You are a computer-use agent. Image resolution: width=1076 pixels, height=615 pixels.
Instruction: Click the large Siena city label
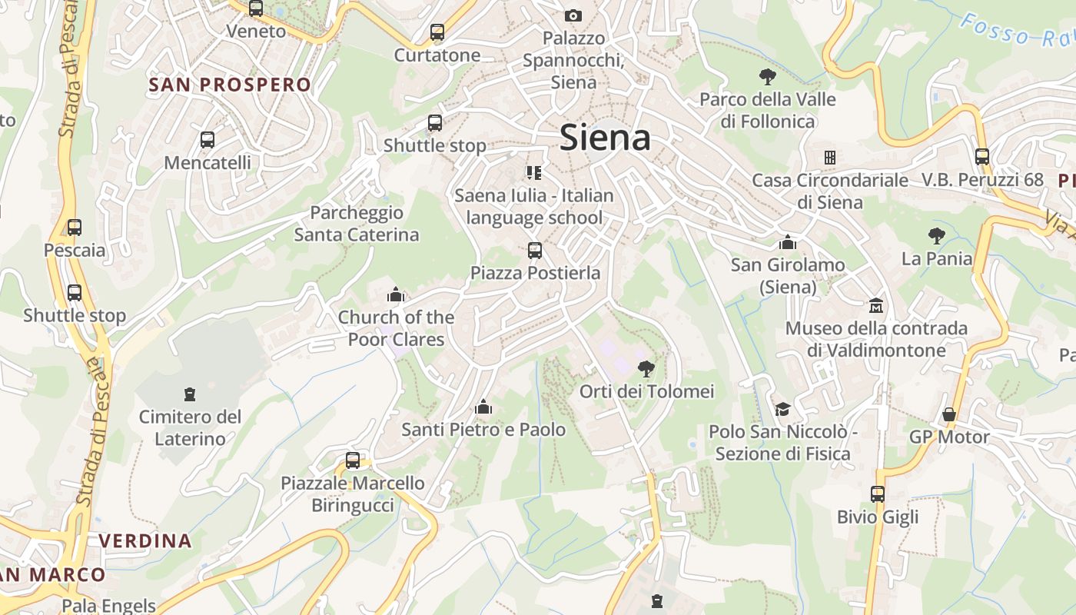click(605, 138)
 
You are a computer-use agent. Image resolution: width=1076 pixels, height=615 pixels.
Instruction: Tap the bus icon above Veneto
click(256, 9)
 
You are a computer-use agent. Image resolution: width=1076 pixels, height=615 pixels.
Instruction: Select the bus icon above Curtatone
click(437, 32)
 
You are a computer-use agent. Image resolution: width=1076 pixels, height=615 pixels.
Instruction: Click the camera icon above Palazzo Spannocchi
click(573, 15)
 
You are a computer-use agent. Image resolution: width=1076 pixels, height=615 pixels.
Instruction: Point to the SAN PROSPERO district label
click(230, 85)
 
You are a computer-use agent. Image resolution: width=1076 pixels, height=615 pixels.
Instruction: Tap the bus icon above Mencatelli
click(208, 140)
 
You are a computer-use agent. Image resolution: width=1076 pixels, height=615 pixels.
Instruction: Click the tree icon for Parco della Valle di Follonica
click(767, 76)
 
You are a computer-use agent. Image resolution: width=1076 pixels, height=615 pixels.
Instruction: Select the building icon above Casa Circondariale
click(829, 158)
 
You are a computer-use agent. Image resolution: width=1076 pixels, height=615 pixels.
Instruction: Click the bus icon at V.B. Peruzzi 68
click(982, 157)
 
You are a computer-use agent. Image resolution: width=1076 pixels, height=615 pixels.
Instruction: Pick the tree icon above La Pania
click(936, 235)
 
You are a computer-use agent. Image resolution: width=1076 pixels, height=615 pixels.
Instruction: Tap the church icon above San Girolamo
click(787, 243)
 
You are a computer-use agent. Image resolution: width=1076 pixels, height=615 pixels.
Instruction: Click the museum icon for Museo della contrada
click(875, 306)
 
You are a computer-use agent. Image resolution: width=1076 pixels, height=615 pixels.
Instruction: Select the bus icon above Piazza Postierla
click(535, 251)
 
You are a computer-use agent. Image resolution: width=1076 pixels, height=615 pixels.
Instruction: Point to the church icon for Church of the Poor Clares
click(396, 294)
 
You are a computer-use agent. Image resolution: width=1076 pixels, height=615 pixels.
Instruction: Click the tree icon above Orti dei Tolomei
click(646, 369)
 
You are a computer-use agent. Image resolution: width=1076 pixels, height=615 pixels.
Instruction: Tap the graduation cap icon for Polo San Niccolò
click(782, 409)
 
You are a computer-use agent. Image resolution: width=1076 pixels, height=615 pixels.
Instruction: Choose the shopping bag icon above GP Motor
click(949, 414)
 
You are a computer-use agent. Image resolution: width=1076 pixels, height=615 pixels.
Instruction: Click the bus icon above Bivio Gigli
click(878, 494)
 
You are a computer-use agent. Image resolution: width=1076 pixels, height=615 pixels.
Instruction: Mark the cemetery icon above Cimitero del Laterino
click(189, 394)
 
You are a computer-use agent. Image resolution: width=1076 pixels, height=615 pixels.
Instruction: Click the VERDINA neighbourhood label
click(145, 540)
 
